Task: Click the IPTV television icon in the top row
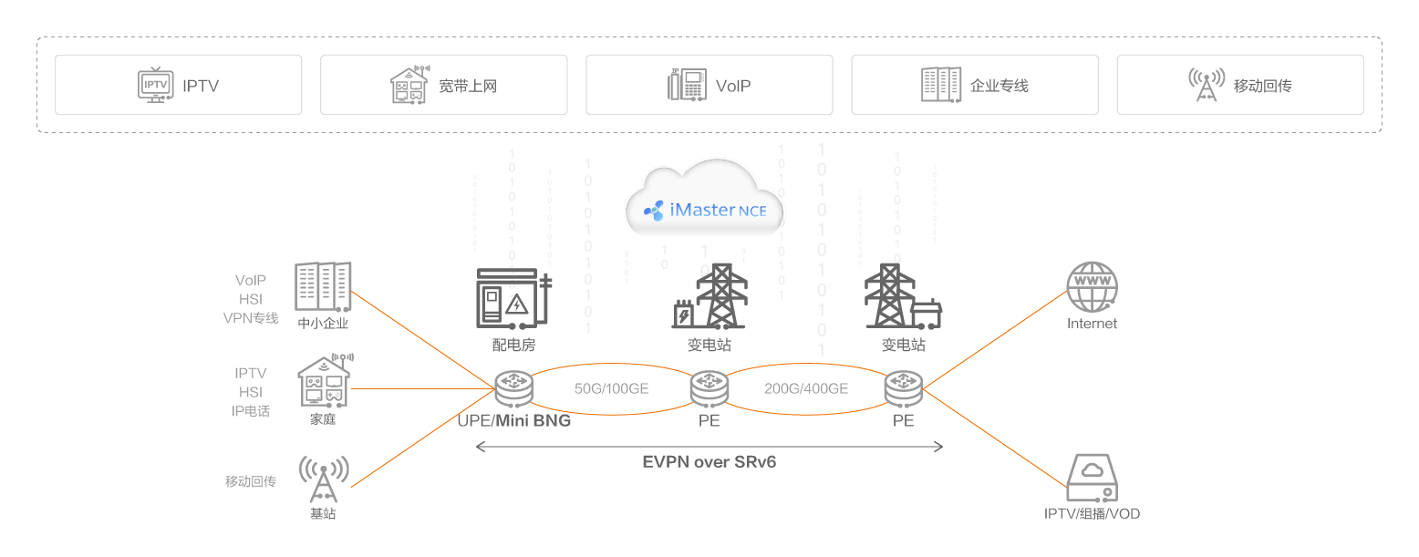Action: coord(156,85)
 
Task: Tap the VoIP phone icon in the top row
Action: coord(687,85)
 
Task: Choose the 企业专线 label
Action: coord(999,87)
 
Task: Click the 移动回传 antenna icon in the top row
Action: coord(1207,85)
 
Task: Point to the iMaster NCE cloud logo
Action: coord(704,209)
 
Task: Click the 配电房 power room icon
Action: coord(514,298)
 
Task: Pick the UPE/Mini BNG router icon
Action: coord(513,389)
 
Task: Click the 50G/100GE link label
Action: coord(611,388)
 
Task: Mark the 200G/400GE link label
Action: coord(806,388)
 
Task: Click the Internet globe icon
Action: coord(1092,287)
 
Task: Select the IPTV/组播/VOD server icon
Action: coord(1092,478)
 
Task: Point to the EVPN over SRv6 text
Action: coord(709,462)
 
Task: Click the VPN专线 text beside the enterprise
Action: coord(251,318)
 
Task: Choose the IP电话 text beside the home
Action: coord(251,411)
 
